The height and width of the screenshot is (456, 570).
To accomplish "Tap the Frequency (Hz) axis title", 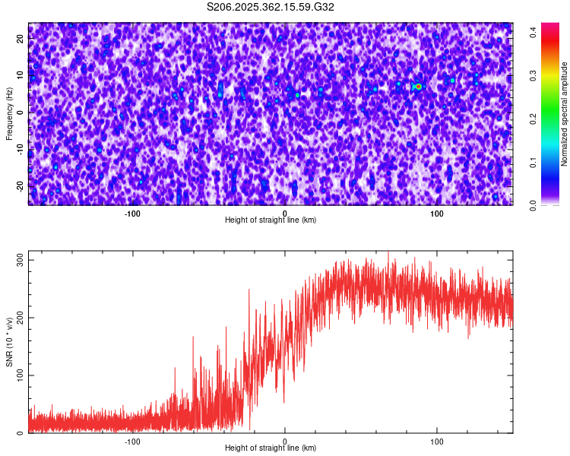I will pos(9,114).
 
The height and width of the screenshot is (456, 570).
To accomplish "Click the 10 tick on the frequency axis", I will pos(21,75).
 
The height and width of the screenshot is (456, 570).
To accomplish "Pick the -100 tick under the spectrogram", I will pos(133,213).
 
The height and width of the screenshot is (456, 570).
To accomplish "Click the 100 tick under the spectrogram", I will pos(437,213).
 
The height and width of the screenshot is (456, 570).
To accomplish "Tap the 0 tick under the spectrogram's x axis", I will pos(285,213).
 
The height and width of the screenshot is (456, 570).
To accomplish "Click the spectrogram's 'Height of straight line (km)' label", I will pos(271,220).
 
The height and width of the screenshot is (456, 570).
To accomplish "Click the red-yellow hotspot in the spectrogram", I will pos(418,87).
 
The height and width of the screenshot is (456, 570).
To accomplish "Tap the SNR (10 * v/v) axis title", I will pos(9,342).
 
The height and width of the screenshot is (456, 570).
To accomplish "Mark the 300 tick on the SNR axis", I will pos(18,260).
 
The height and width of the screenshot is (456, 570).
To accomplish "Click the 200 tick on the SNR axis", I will pos(18,318).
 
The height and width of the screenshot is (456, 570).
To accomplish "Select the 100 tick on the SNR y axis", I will pos(18,375).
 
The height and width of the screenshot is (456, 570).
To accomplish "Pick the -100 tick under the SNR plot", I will pos(133,441).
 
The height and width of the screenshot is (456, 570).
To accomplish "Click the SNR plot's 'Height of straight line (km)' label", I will pos(271,448).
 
